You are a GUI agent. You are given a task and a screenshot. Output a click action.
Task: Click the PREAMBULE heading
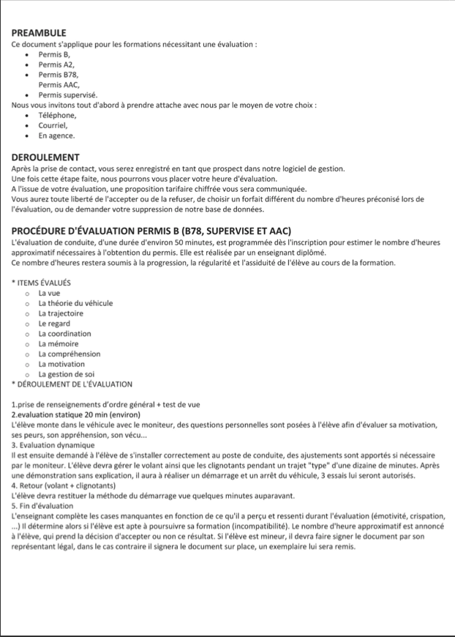40,33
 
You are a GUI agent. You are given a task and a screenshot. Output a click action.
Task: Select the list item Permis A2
56,64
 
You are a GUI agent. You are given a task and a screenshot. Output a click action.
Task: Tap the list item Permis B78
58,75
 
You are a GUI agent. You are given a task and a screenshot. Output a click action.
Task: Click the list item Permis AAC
59,85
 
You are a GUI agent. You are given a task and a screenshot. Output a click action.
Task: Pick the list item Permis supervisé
67,95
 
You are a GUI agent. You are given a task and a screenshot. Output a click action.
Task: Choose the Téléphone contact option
57,115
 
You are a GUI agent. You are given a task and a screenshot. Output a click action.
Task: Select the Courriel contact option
53,125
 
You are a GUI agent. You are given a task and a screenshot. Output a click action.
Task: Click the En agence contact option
56,135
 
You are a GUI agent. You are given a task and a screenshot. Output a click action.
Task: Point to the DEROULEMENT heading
45,157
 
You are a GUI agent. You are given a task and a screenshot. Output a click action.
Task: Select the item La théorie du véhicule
75,303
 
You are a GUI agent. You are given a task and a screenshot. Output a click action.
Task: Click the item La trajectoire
61,313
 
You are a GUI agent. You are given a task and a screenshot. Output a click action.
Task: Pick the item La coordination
64,334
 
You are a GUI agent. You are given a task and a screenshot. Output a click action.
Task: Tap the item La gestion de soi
67,374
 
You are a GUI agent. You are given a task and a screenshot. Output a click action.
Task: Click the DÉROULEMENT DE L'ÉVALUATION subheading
72,384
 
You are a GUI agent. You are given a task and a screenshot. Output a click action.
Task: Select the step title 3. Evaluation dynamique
53,445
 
